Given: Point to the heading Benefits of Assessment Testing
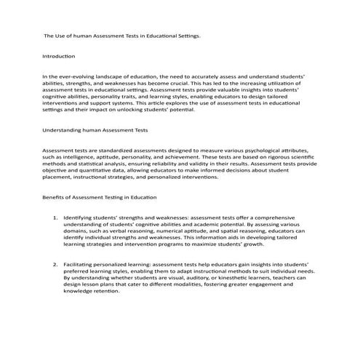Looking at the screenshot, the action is click(98, 198).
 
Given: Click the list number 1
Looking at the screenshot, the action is click(55, 218).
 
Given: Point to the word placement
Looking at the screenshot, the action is click(60, 177).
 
